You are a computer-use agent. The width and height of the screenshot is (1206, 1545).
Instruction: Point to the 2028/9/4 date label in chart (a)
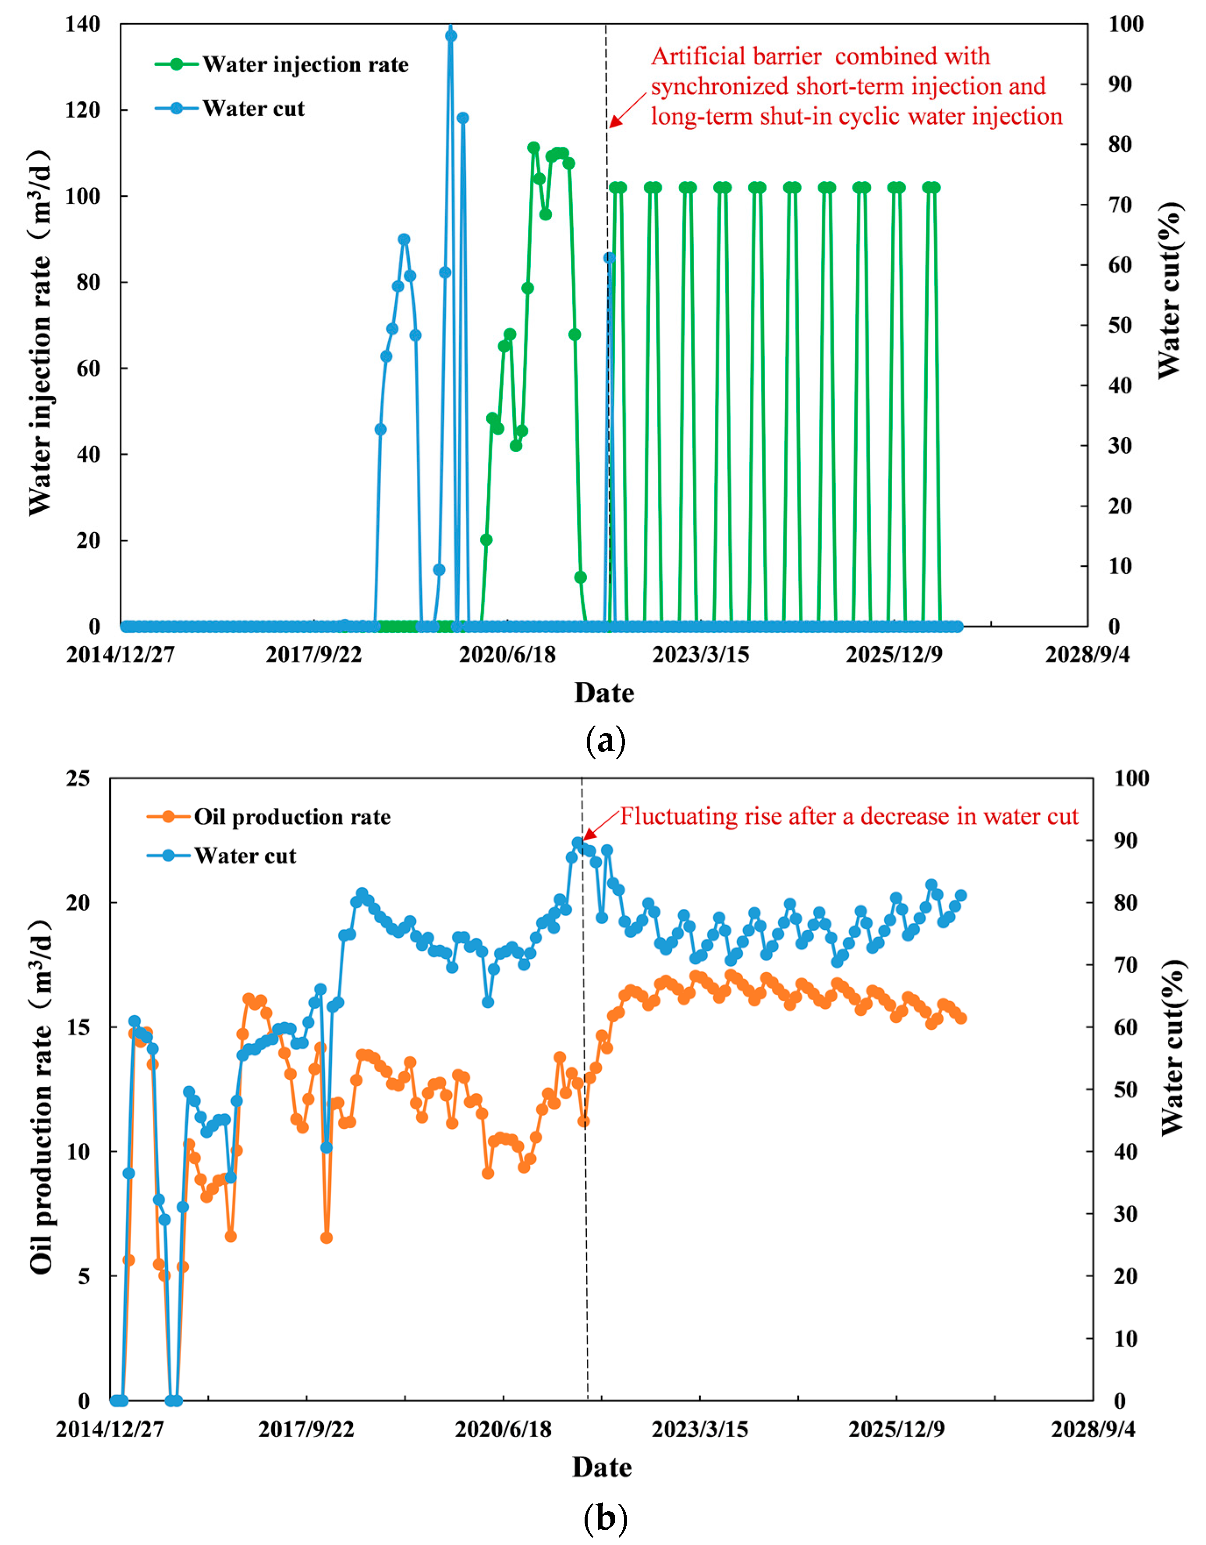point(1086,654)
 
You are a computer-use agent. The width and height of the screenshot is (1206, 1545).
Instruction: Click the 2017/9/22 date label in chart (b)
point(305,1429)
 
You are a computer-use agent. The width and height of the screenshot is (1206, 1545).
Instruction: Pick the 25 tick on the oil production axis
point(78,779)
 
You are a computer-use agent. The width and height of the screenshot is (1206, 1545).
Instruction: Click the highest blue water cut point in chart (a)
point(450,36)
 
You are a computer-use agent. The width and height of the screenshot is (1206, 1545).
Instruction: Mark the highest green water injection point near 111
point(533,148)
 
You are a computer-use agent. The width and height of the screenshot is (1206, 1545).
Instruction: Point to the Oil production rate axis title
point(41,1096)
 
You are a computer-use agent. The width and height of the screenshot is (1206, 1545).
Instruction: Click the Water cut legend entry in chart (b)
point(244,856)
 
